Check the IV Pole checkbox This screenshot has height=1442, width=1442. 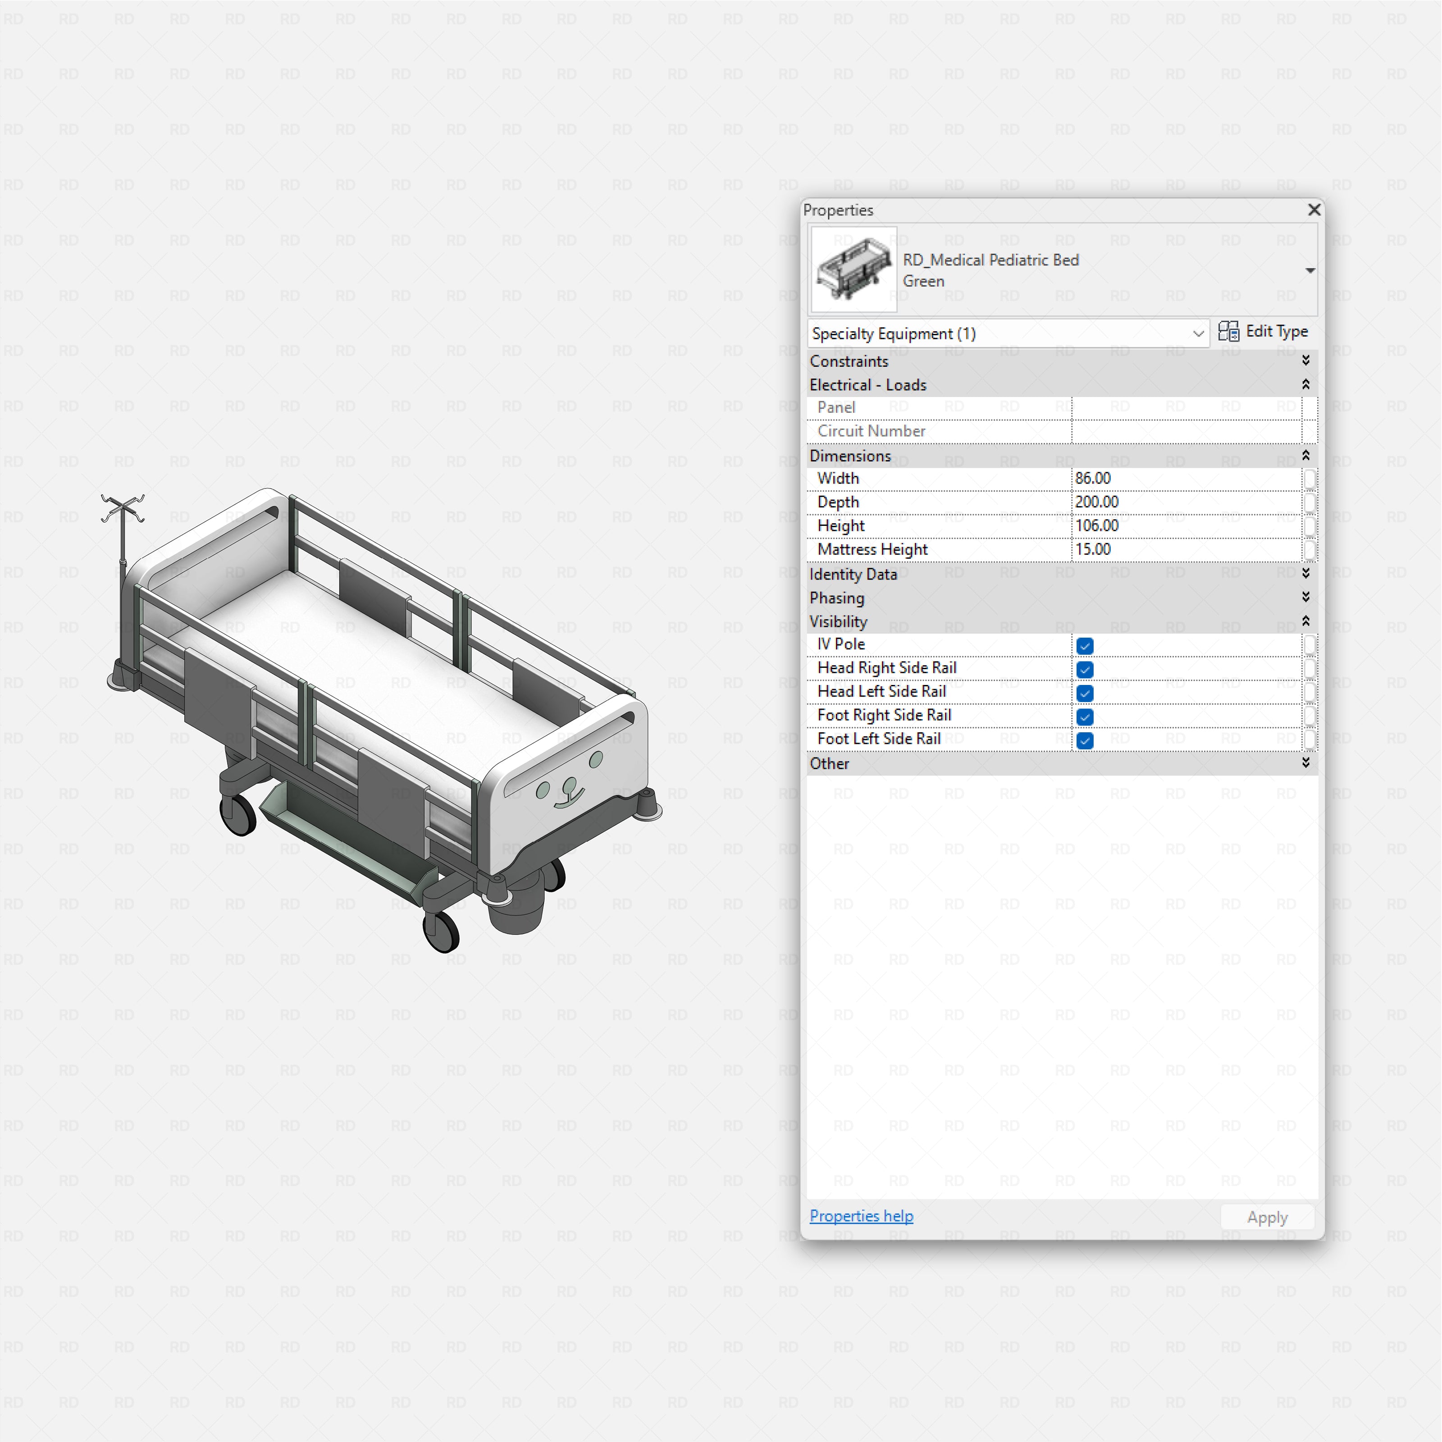pyautogui.click(x=1085, y=646)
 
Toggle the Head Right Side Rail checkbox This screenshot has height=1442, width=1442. pyautogui.click(x=1085, y=670)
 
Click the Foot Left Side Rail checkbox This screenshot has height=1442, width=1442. pyautogui.click(x=1085, y=740)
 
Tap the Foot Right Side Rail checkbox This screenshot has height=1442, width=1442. pyautogui.click(x=1085, y=717)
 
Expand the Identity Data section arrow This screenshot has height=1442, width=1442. pyautogui.click(x=1305, y=573)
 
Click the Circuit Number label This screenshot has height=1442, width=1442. pyautogui.click(x=871, y=431)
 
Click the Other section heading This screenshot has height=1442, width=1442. pyautogui.click(x=829, y=763)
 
